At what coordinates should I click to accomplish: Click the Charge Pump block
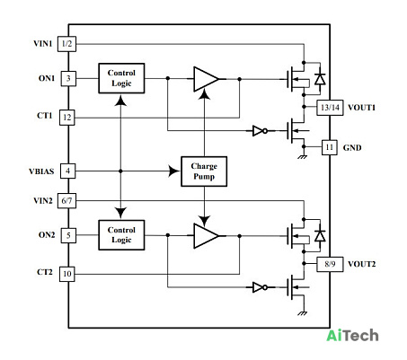tap(204, 171)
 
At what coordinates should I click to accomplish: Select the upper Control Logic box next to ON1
tap(121, 78)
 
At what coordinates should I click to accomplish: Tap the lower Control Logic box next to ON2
tap(121, 235)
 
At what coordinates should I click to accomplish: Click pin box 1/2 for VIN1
tap(66, 44)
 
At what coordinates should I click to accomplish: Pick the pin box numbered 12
tap(67, 118)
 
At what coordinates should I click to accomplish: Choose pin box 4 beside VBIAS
tap(67, 171)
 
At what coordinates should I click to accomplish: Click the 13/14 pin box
tap(330, 108)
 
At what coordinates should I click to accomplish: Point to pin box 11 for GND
tap(330, 147)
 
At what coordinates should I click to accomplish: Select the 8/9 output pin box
tap(330, 264)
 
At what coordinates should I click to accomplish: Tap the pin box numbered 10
tap(67, 274)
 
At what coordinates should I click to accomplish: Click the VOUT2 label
tap(361, 264)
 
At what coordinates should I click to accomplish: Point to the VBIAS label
tap(41, 171)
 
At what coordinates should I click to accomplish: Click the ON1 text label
tap(47, 78)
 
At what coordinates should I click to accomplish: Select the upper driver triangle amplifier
tap(206, 79)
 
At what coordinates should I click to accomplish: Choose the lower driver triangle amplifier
tap(206, 236)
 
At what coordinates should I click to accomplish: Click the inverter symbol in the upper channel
tap(260, 131)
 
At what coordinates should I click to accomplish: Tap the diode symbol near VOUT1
tap(320, 79)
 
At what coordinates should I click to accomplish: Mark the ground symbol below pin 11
tap(303, 157)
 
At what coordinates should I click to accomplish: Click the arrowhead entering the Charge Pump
tap(173, 171)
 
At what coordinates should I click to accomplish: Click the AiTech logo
tap(352, 336)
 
